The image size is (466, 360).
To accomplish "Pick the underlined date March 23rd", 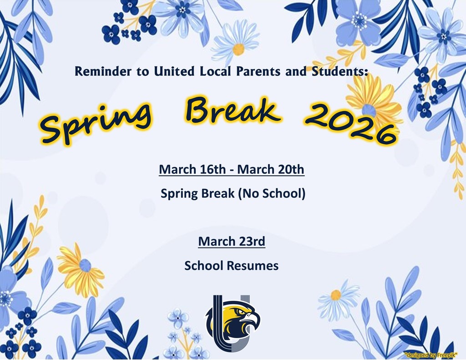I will [232, 241].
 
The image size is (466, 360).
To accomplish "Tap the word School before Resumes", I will [203, 265].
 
